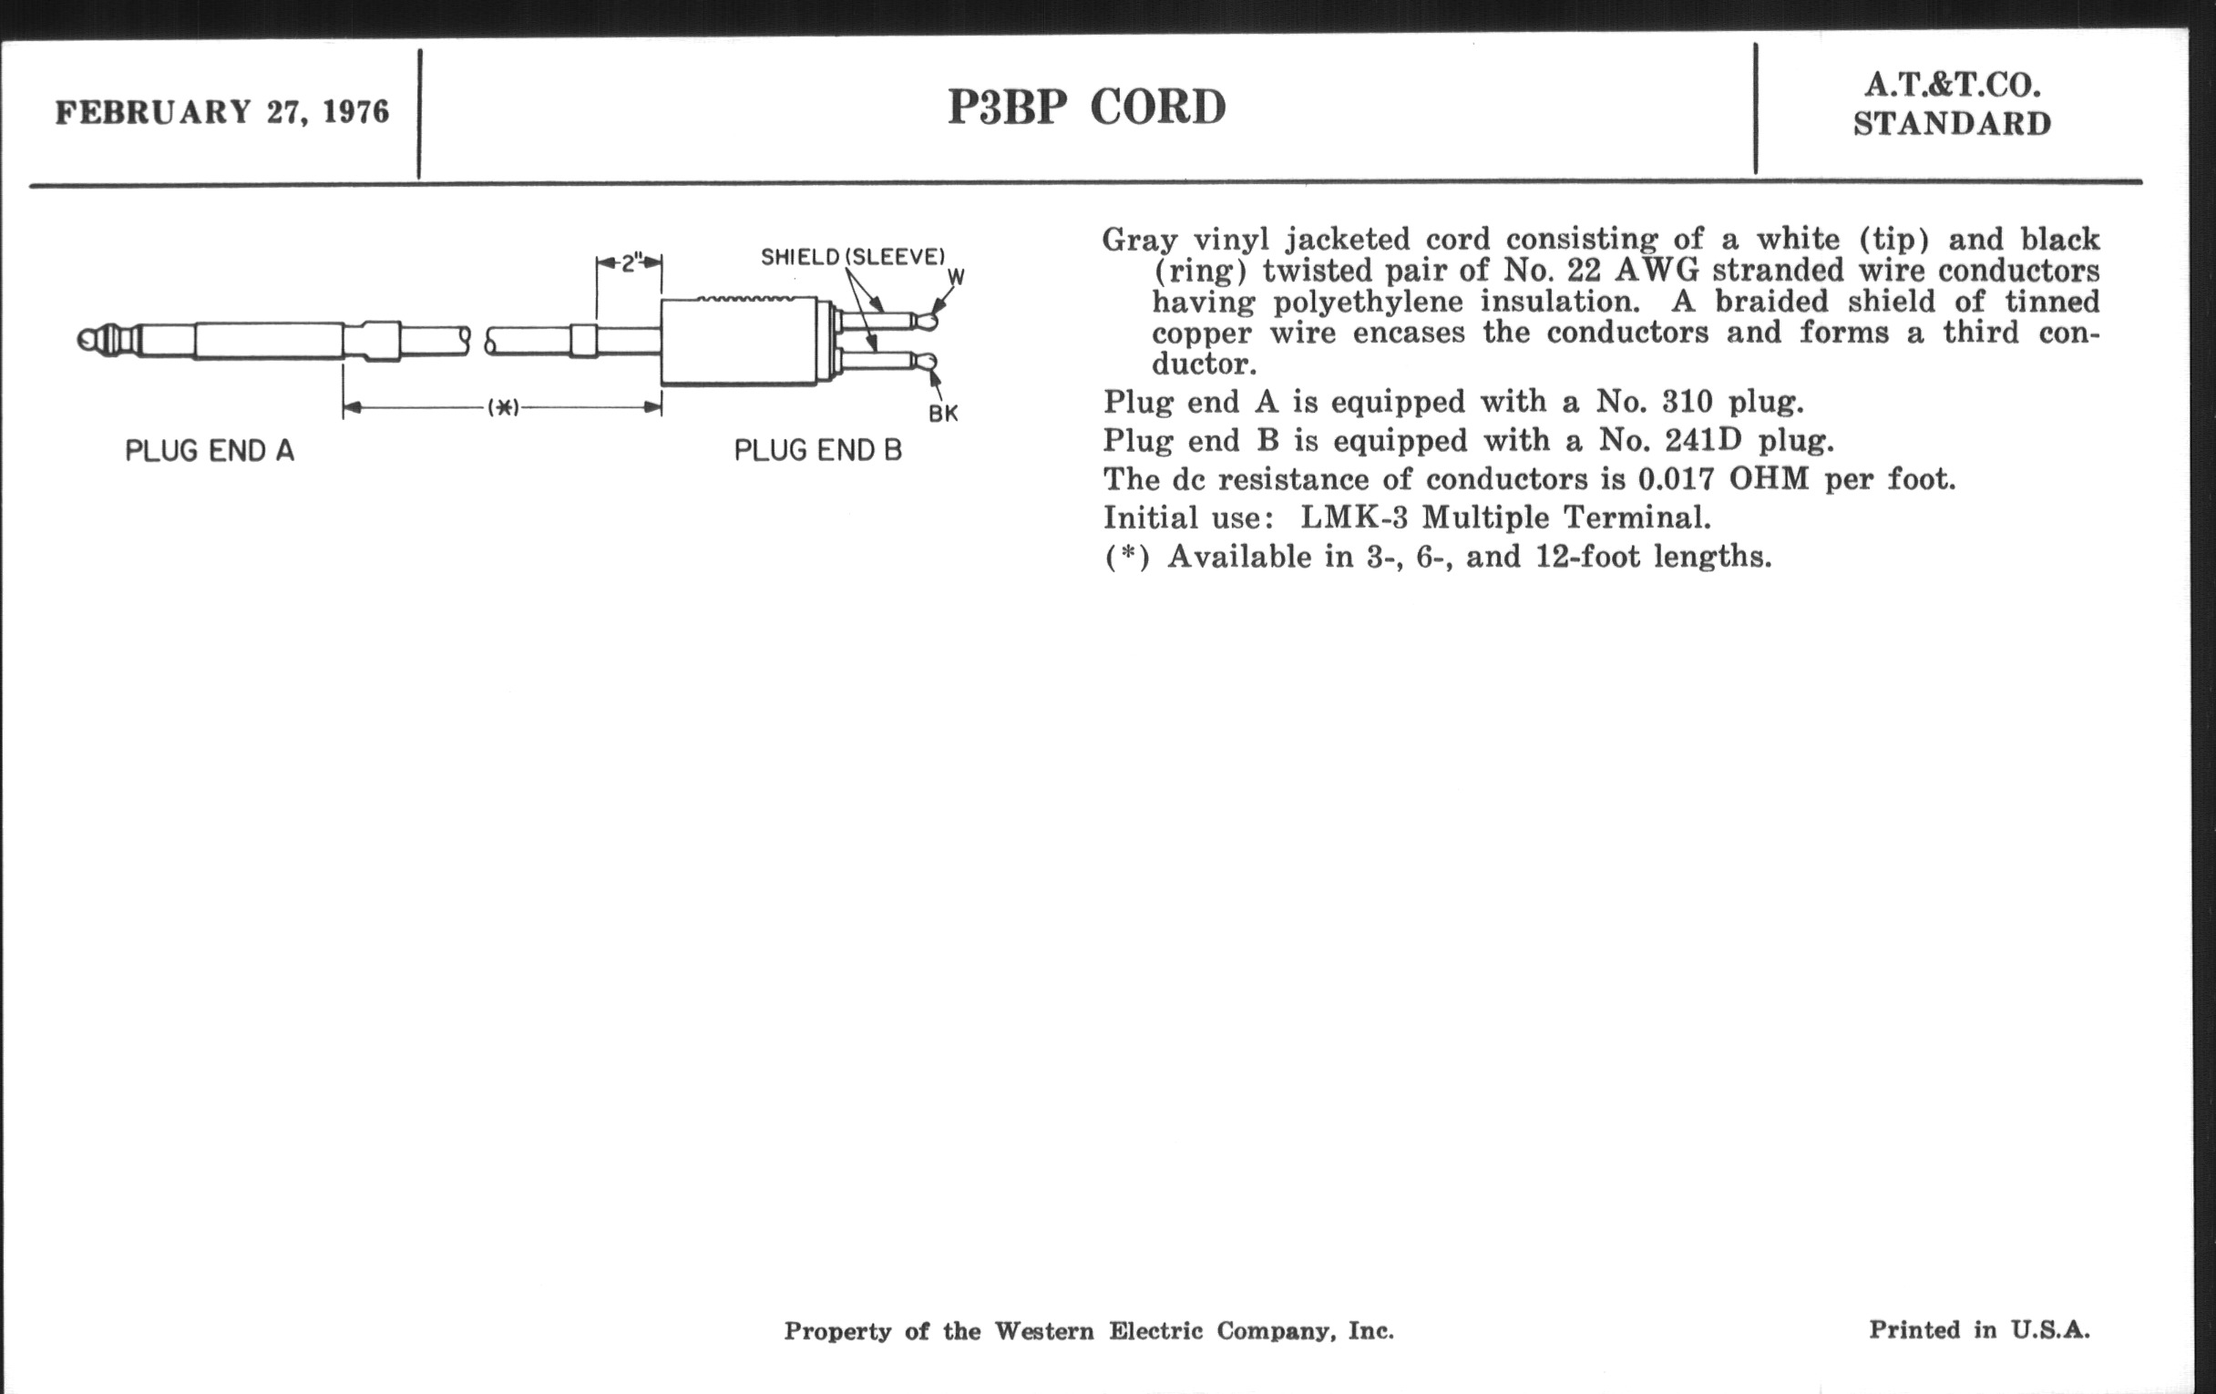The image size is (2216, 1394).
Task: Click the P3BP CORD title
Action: click(1087, 108)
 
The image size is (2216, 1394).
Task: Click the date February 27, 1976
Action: click(222, 112)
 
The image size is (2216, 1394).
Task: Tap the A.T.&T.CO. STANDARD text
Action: click(1952, 104)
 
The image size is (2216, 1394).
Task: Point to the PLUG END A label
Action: click(210, 451)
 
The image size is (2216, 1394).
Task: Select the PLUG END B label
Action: click(818, 451)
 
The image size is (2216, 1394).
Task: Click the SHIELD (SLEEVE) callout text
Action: click(853, 257)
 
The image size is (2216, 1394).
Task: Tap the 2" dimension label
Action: click(631, 263)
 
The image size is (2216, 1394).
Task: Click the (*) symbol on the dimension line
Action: click(503, 406)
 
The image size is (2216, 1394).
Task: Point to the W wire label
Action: click(956, 277)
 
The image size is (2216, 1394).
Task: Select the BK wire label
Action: click(943, 414)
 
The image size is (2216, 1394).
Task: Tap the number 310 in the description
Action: click(1688, 402)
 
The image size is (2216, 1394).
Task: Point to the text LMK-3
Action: click(1354, 518)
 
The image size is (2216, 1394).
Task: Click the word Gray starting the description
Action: click(1140, 241)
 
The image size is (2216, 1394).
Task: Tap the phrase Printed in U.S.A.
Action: click(1979, 1330)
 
